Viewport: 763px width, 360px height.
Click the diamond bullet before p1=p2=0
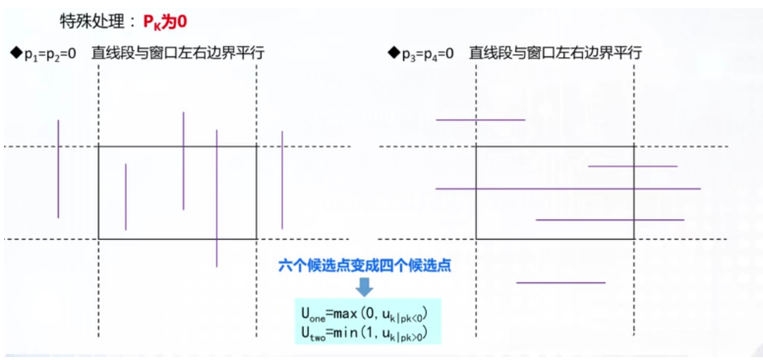(x=15, y=52)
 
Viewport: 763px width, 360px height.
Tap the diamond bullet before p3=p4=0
(x=393, y=52)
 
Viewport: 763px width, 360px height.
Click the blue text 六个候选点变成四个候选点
(x=364, y=266)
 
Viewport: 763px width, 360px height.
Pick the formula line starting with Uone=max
(x=365, y=314)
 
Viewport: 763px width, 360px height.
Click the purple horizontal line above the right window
(x=480, y=120)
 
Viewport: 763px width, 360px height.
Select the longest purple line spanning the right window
(x=567, y=188)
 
